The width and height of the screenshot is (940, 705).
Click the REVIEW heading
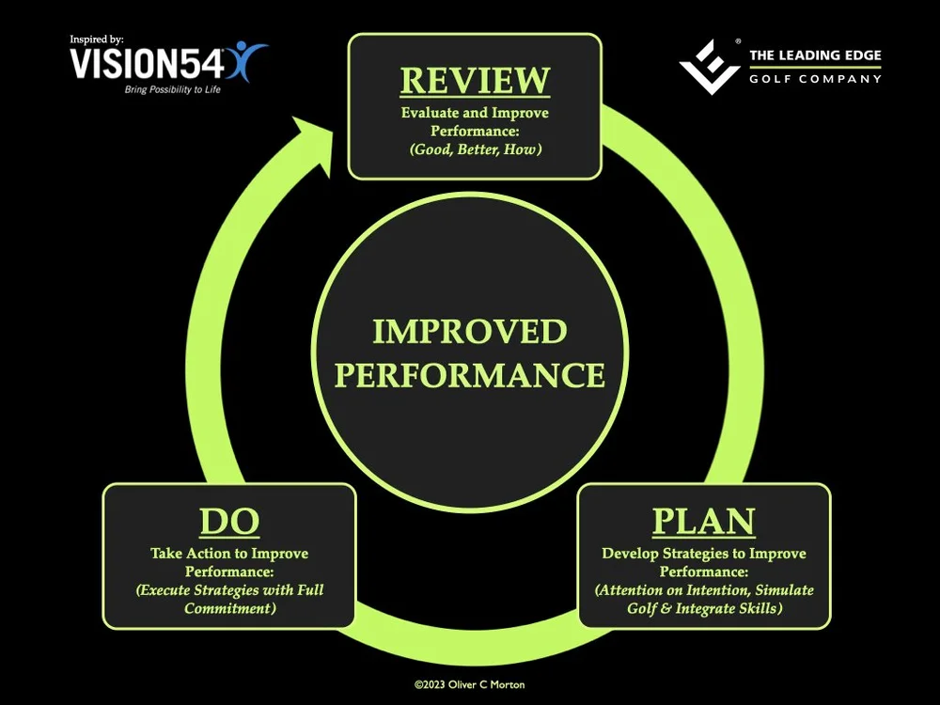(x=475, y=80)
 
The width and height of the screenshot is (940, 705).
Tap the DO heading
(x=229, y=522)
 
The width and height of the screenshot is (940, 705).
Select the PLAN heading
(x=704, y=522)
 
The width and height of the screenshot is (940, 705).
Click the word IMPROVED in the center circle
(x=470, y=332)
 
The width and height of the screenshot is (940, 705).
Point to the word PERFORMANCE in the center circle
(x=470, y=375)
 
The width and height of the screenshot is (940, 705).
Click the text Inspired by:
(x=97, y=39)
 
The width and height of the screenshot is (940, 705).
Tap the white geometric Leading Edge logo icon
(x=711, y=66)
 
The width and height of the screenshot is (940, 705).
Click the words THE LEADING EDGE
(x=814, y=56)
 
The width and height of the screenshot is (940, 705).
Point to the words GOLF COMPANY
(x=814, y=79)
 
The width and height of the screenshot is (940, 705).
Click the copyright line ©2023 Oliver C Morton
(x=470, y=685)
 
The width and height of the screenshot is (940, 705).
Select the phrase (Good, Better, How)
(x=475, y=149)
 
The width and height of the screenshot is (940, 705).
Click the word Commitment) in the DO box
(x=229, y=607)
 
